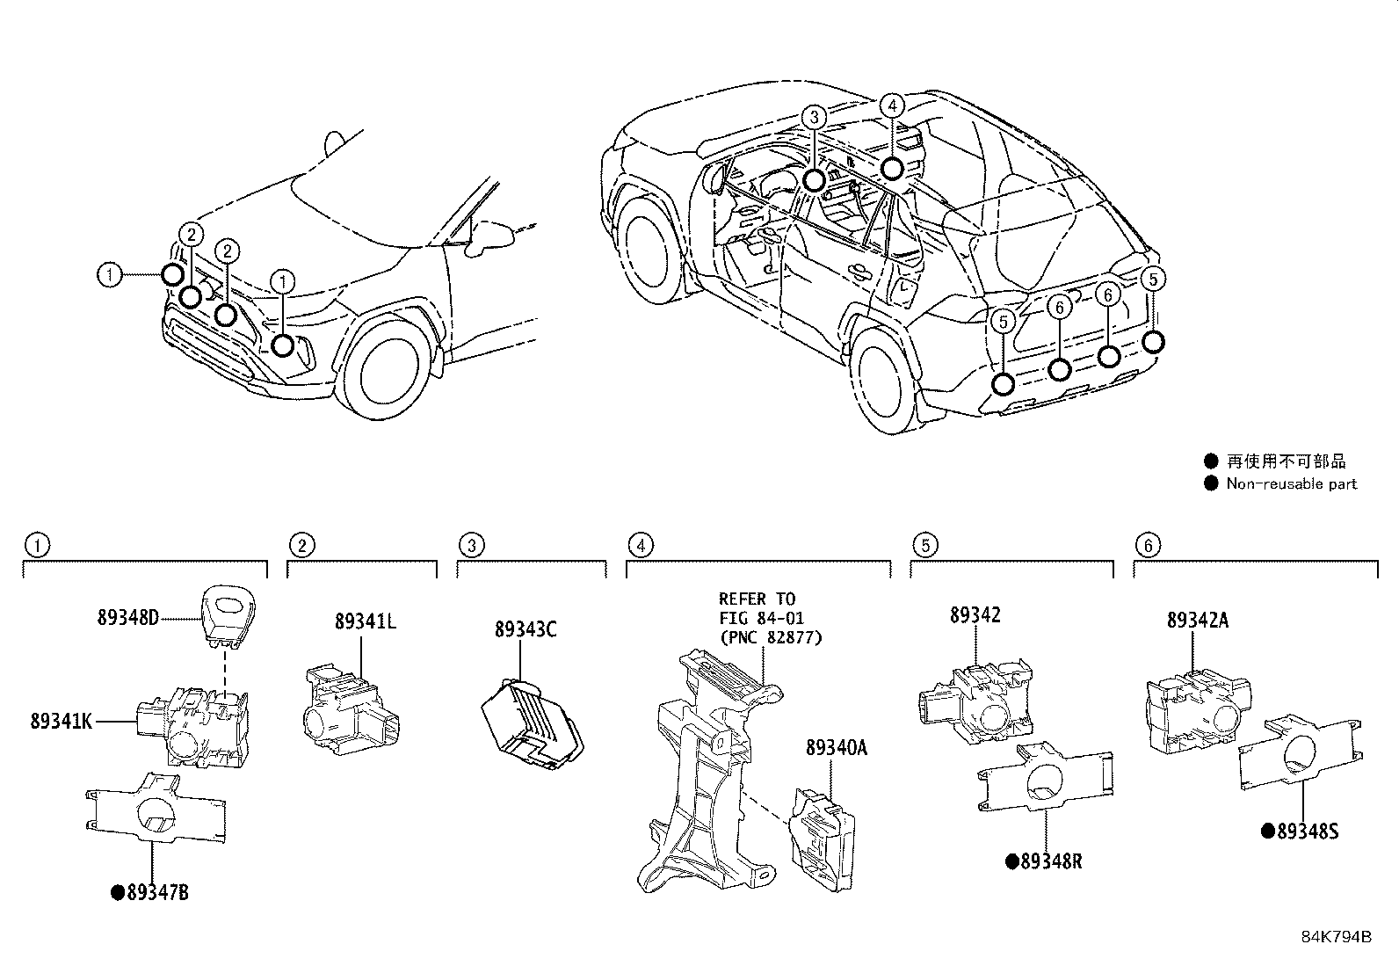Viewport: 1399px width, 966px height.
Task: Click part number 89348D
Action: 127,618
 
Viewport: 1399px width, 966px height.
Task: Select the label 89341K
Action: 61,722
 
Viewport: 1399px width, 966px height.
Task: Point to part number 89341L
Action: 365,621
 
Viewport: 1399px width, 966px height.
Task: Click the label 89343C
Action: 526,629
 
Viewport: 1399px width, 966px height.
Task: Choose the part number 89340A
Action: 836,748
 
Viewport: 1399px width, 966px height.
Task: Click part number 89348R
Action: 1050,861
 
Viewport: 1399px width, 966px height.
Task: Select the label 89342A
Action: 1197,620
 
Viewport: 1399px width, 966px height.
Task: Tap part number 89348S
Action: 1306,831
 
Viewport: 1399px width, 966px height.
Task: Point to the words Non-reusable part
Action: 1291,483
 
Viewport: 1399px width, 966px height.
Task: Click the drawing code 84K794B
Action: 1336,937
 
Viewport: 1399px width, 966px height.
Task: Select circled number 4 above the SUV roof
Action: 891,106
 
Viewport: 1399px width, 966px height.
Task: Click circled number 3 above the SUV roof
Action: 815,116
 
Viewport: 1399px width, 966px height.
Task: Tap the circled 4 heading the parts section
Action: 641,545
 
